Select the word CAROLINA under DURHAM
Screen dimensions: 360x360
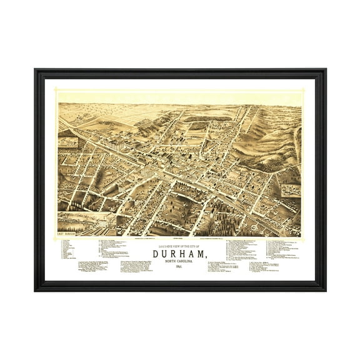coord(188,261)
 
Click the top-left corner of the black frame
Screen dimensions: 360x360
coord(36,70)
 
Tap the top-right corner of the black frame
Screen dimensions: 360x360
coord(324,70)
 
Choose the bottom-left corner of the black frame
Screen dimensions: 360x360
coord(36,289)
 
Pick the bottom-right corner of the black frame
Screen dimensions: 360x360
coord(324,289)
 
